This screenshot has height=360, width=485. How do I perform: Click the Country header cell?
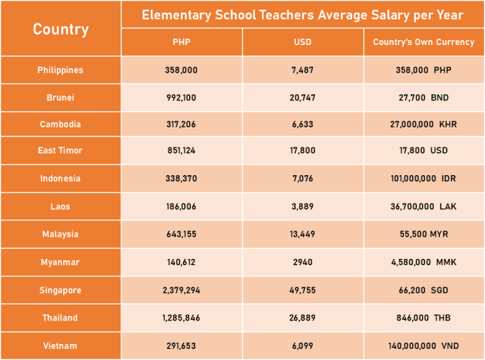tap(60, 29)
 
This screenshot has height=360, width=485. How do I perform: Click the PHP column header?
tap(182, 42)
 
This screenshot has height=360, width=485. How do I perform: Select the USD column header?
tap(303, 42)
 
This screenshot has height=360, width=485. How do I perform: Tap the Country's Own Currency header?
tap(423, 42)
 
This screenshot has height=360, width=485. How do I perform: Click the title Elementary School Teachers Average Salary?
tap(302, 15)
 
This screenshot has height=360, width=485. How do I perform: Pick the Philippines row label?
tap(60, 70)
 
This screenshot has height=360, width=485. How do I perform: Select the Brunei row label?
tap(60, 98)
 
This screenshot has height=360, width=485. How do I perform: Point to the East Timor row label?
tap(60, 150)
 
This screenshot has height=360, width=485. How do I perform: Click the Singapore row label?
tap(60, 290)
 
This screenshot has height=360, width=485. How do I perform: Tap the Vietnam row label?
tap(60, 345)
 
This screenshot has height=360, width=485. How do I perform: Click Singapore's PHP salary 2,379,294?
tap(182, 290)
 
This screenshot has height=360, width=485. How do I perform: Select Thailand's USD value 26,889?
tap(303, 318)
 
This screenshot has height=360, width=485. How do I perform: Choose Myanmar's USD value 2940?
tap(303, 262)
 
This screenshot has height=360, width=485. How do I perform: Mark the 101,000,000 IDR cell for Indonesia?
tap(423, 179)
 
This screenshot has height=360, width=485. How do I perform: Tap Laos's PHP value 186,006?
tap(182, 206)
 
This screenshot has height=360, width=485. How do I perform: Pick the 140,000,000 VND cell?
tap(423, 345)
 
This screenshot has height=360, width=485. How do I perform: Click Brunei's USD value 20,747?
tap(303, 98)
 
